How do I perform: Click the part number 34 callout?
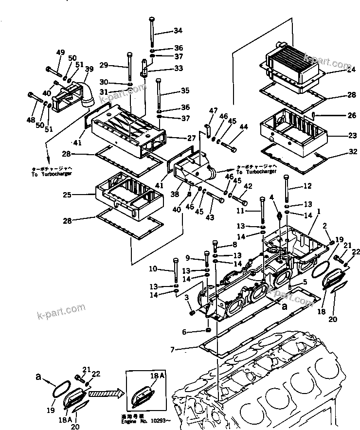tap(178, 31)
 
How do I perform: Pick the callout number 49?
tap(60, 53)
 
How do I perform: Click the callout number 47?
tap(212, 111)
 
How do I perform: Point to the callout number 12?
tap(307, 186)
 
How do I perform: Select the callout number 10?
tap(154, 269)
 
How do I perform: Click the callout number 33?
tap(178, 69)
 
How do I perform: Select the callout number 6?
tap(183, 332)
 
